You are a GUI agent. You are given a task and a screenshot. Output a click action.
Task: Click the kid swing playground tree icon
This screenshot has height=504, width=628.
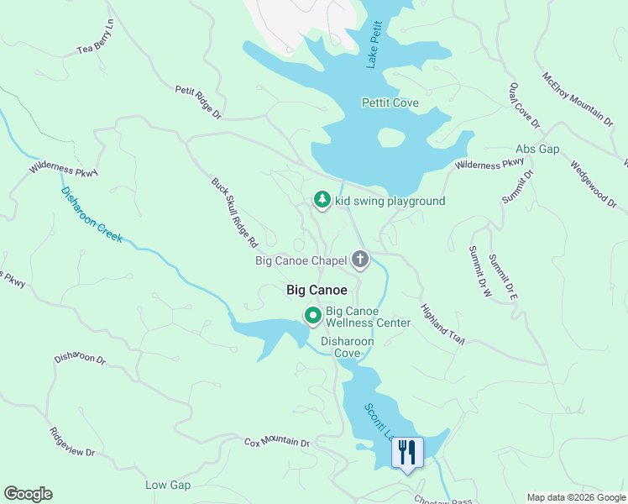(321, 200)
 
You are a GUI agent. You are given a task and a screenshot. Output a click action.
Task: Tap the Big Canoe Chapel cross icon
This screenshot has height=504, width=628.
(360, 260)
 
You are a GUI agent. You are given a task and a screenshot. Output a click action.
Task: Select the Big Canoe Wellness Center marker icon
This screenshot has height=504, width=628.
(313, 316)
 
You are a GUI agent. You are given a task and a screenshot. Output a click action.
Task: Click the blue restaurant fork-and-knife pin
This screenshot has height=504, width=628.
(407, 453)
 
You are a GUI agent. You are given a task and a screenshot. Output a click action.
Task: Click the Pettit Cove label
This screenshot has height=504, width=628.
(390, 103)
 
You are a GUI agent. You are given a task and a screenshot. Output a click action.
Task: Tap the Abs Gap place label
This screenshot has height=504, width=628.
(537, 149)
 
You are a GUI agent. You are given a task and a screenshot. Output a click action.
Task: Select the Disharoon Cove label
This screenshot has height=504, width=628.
(347, 348)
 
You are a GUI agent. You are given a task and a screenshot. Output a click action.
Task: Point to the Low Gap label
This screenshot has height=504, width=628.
(168, 485)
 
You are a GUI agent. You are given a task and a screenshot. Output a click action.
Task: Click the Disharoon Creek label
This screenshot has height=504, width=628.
(92, 214)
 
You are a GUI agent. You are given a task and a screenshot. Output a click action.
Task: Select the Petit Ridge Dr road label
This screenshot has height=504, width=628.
(197, 101)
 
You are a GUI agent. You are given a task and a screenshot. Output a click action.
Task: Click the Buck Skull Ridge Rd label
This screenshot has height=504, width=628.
(233, 212)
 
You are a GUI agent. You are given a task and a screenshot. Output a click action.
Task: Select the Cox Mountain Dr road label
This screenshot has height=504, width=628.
(277, 442)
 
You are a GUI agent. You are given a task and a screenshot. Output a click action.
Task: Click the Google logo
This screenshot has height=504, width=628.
(28, 494)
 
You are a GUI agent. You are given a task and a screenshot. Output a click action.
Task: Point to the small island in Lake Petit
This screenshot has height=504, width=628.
(391, 137)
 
